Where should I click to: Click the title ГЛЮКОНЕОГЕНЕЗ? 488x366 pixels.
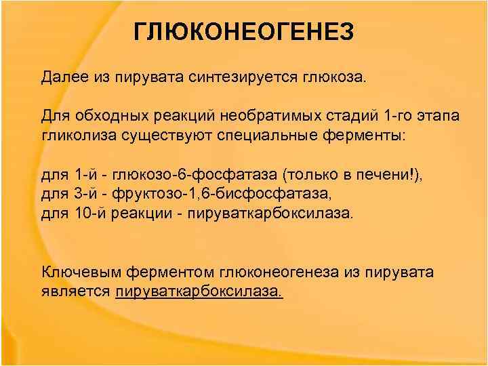243,31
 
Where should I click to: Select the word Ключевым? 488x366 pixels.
77,272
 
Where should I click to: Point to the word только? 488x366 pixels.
312,174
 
